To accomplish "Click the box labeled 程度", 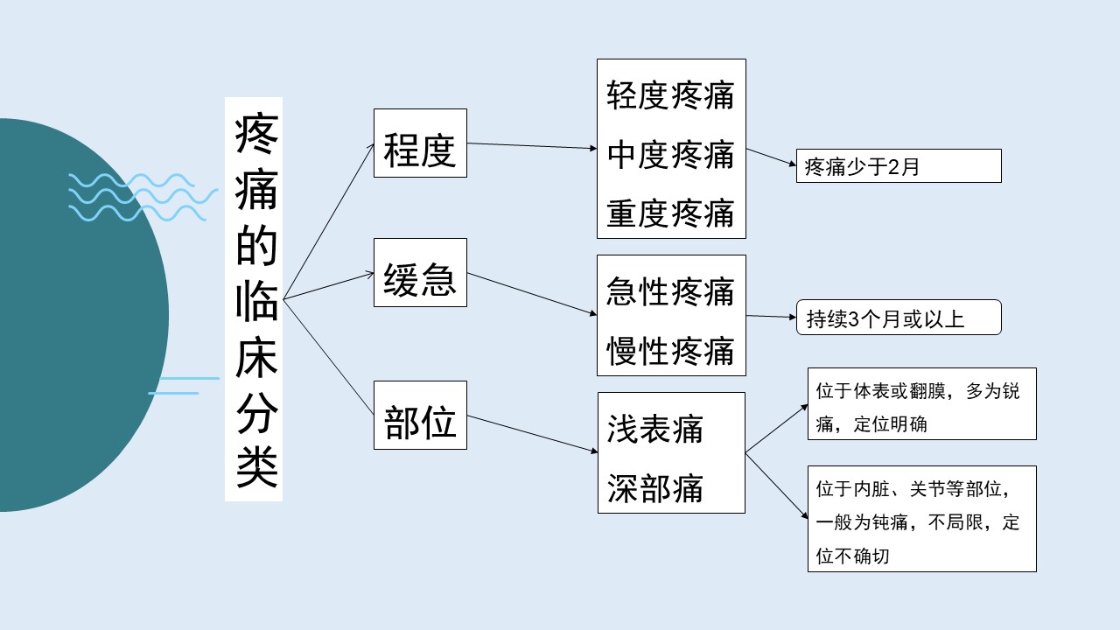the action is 420,143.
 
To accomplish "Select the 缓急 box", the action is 420,272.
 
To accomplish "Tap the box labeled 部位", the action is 420,415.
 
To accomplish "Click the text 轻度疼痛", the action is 670,95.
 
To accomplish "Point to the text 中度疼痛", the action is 670,155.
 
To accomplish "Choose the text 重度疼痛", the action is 670,213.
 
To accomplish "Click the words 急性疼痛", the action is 670,291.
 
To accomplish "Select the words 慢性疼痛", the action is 670,351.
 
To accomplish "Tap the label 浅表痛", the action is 655,429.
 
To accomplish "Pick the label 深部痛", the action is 655,488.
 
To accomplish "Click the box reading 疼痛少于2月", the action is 899,166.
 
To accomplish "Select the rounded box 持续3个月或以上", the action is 899,318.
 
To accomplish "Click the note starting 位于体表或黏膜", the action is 922,404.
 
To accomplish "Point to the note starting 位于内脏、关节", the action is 922,519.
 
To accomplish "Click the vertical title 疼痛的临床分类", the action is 254,299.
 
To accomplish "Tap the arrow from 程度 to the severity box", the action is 532,145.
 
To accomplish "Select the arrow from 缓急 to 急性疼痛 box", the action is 532,294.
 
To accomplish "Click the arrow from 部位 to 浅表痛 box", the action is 533,434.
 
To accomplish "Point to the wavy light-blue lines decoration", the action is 143,198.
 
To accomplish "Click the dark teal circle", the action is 75,315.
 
